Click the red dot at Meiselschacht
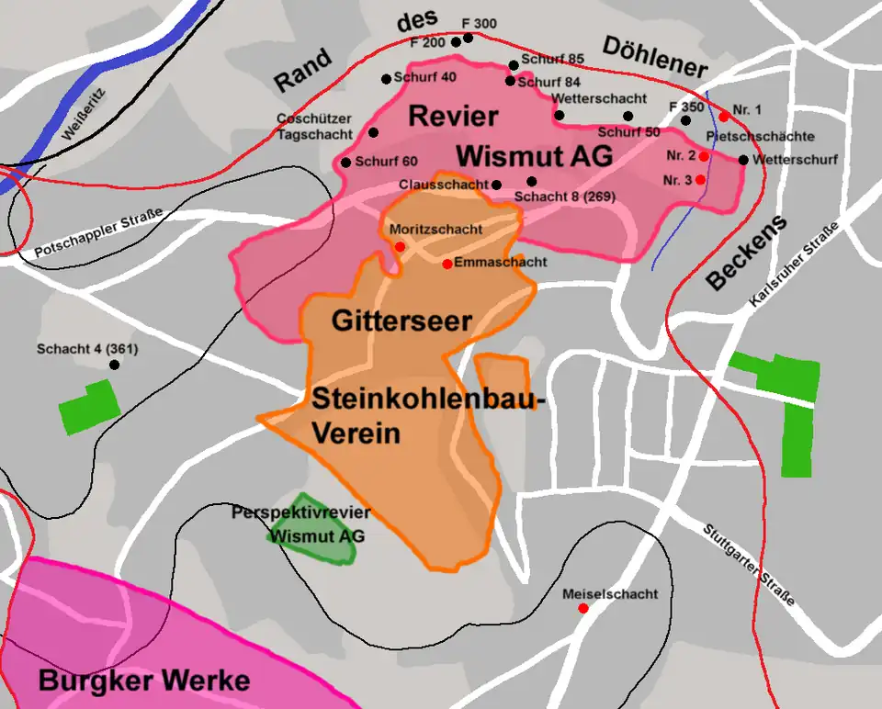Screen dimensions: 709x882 [x=583, y=608]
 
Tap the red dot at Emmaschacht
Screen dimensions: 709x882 [x=447, y=264]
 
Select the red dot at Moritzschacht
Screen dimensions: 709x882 [x=400, y=246]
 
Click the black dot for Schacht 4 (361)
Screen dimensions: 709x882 [x=115, y=365]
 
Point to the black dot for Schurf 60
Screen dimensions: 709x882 [x=346, y=163]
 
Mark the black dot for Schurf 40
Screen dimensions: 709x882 [x=387, y=79]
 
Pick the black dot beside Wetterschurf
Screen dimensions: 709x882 [x=743, y=160]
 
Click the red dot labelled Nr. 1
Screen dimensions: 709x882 [x=724, y=116]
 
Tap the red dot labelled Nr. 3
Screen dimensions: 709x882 [x=700, y=179]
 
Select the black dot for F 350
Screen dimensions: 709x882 [x=685, y=120]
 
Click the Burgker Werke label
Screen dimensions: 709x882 [x=144, y=681]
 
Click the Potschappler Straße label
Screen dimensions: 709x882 [x=99, y=232]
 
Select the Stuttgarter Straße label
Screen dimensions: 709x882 [x=749, y=564]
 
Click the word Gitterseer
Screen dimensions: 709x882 [x=401, y=321]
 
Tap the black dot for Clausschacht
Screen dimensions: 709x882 [x=497, y=185]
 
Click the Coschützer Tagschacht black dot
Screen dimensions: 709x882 [x=374, y=132]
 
